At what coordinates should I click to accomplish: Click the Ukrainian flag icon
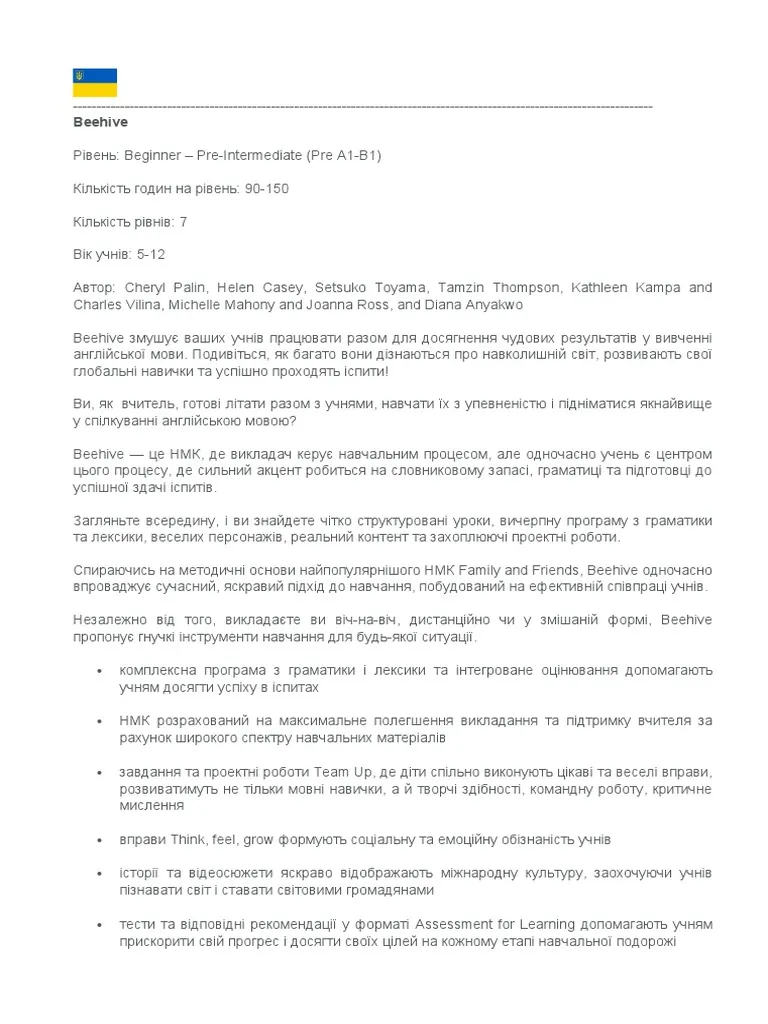(95, 82)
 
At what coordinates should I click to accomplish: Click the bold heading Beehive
(100, 122)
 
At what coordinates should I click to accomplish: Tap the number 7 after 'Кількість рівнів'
(183, 222)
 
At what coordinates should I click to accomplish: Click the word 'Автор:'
(96, 288)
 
